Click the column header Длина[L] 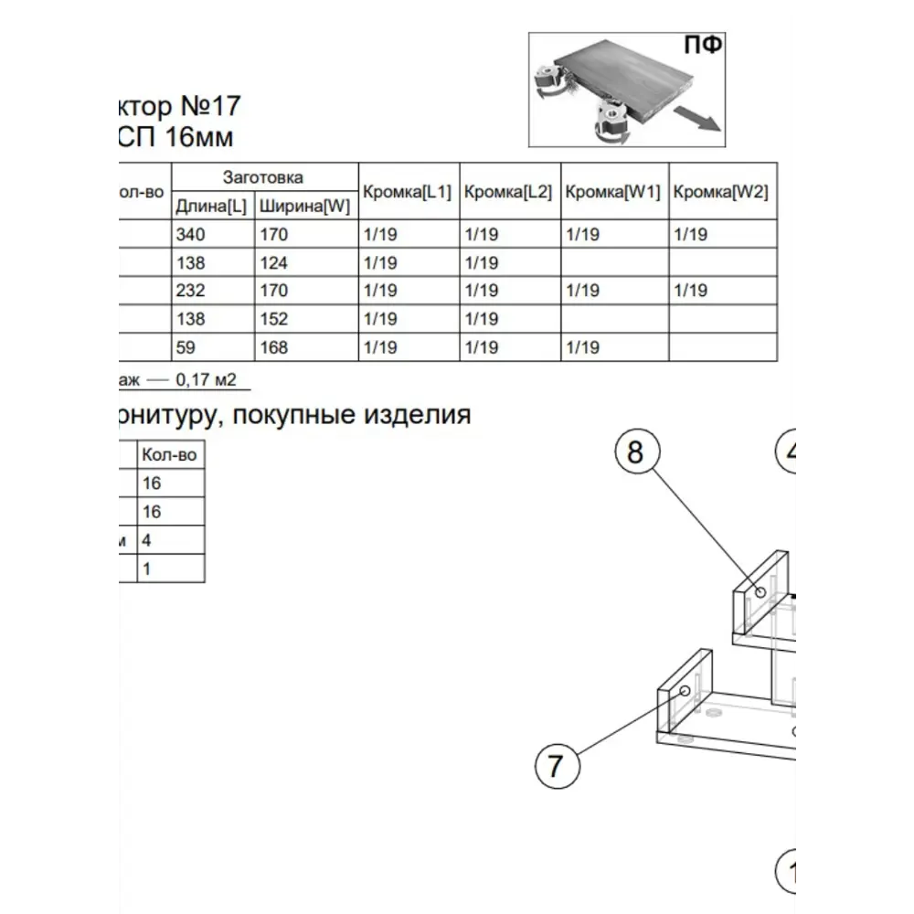[211, 207]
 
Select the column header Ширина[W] [304, 207]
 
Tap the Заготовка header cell [263, 177]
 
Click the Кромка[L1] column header [408, 192]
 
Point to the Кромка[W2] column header [720, 192]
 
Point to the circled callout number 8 [636, 452]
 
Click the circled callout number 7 [557, 766]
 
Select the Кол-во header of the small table [169, 454]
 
